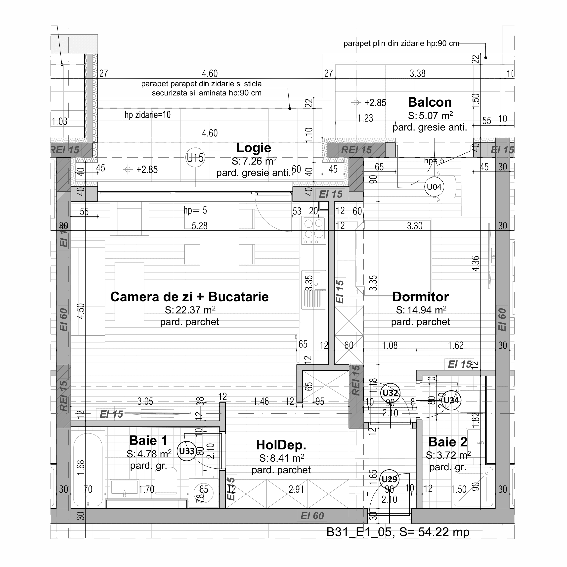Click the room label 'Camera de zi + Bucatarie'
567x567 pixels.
coord(189,297)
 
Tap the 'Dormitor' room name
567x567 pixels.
coord(420,297)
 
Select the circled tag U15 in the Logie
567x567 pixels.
coord(195,158)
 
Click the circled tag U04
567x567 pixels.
coord(434,187)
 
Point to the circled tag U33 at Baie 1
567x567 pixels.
coord(186,451)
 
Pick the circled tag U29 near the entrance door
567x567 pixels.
coord(389,480)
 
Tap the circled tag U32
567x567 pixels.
coord(390,393)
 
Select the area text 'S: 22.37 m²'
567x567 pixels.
coord(190,310)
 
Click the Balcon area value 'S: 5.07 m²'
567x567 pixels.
coord(430,116)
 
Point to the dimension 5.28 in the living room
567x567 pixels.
coord(199,226)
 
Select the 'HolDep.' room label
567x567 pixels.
coord(281,445)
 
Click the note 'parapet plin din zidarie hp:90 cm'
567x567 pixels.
coord(401,44)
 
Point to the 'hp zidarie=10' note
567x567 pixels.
coord(148,115)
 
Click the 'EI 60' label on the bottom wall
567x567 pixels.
coord(312,516)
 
